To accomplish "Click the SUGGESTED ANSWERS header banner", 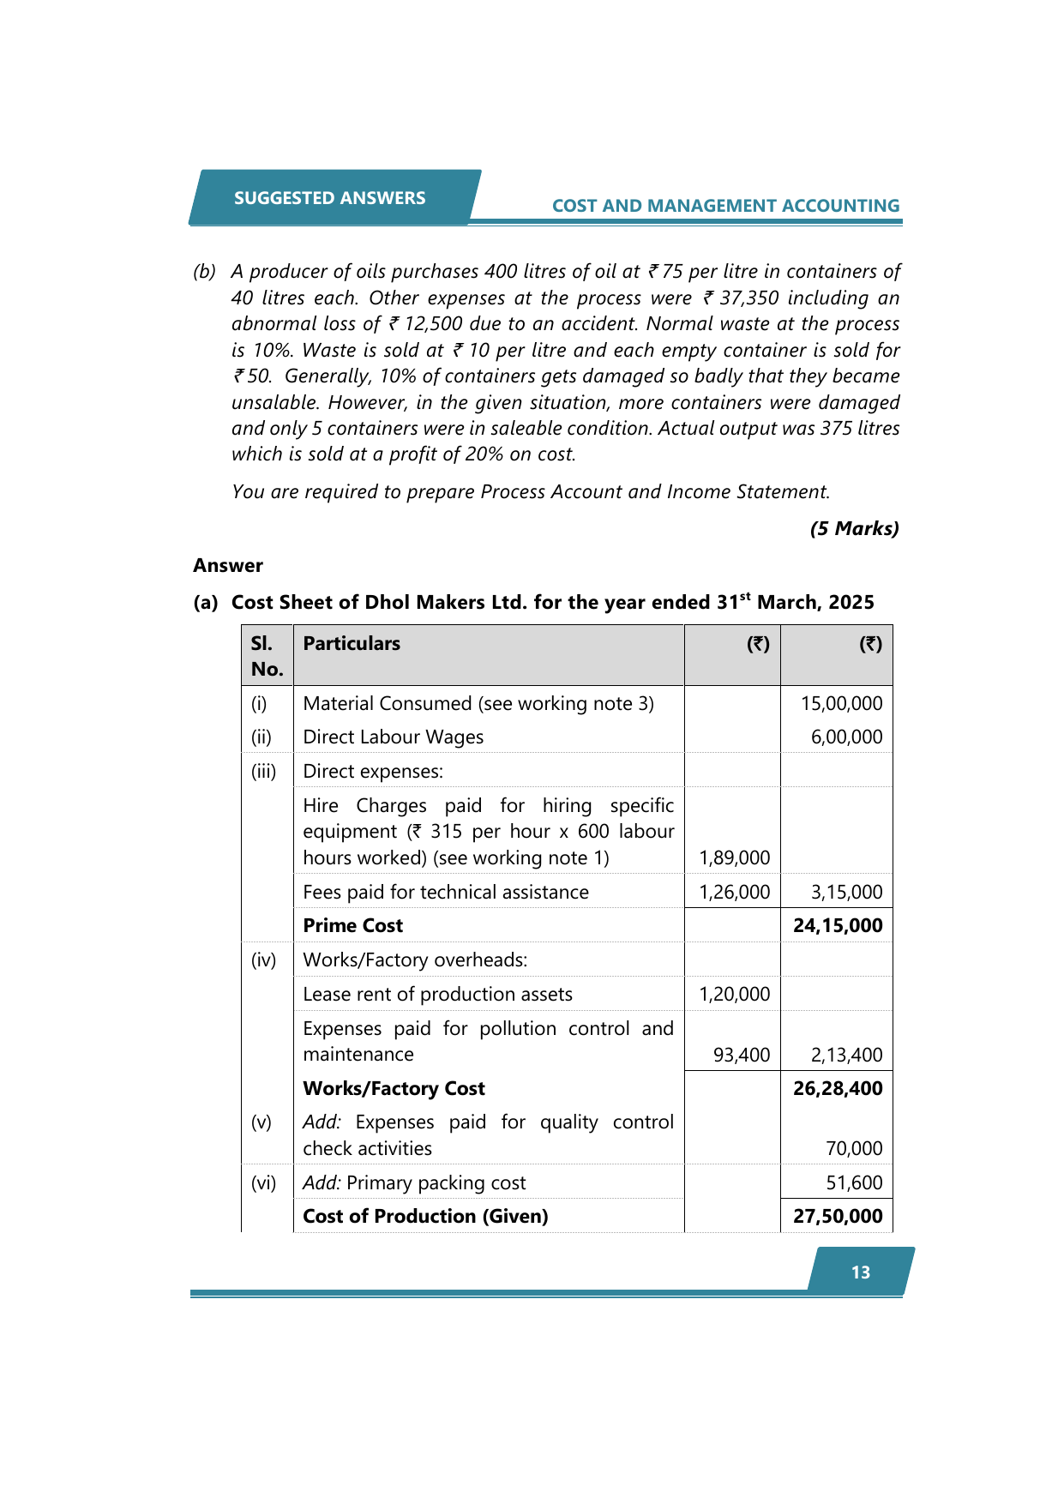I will pyautogui.click(x=330, y=198).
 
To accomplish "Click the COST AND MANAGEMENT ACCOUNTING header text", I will pyautogui.click(x=725, y=206).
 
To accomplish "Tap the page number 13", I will pyautogui.click(x=861, y=1272).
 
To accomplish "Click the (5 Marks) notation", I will pyautogui.click(x=854, y=528).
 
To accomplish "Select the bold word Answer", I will pyautogui.click(x=228, y=566).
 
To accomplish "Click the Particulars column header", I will pyautogui.click(x=352, y=644).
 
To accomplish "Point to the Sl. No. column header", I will pyautogui.click(x=267, y=656).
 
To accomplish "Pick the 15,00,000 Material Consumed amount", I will pyautogui.click(x=841, y=704).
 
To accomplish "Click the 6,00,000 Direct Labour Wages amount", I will pyautogui.click(x=846, y=737).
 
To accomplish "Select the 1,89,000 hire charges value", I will pyautogui.click(x=735, y=858).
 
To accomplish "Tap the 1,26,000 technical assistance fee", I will pyautogui.click(x=735, y=893).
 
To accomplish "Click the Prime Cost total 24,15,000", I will pyautogui.click(x=838, y=926).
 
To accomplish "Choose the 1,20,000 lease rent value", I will pyautogui.click(x=735, y=995).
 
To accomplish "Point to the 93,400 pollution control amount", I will pyautogui.click(x=742, y=1056).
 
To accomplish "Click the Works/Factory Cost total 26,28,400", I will pyautogui.click(x=838, y=1089).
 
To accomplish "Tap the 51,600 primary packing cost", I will pyautogui.click(x=854, y=1183).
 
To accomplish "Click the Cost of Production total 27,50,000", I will pyautogui.click(x=838, y=1217).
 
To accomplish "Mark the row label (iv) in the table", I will pyautogui.click(x=264, y=960).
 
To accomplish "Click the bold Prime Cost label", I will pyautogui.click(x=353, y=926).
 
